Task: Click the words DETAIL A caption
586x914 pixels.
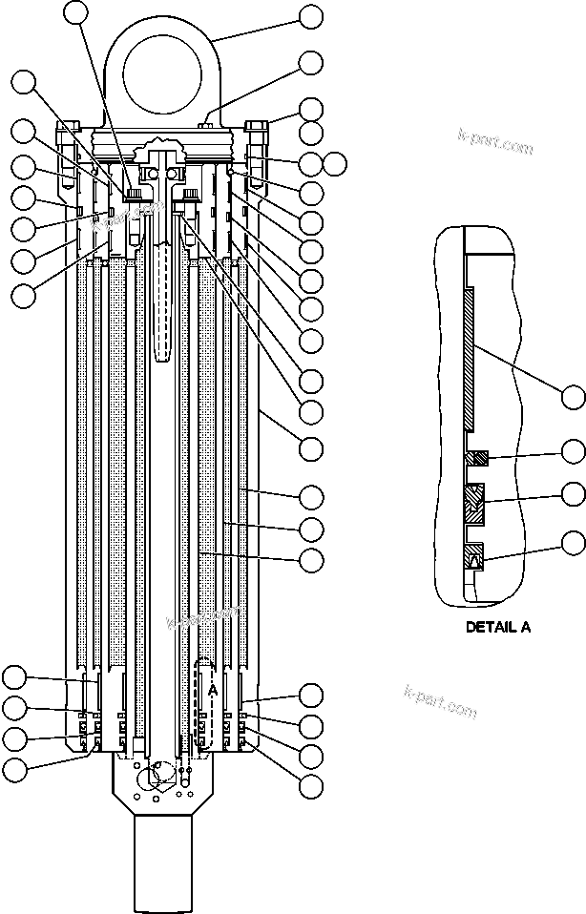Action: [x=497, y=627]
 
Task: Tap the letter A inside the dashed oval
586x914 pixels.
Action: [x=214, y=689]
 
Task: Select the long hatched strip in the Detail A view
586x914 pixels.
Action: [x=471, y=357]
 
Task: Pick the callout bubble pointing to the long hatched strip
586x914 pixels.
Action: [x=573, y=396]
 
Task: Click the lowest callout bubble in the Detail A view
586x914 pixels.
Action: [x=573, y=543]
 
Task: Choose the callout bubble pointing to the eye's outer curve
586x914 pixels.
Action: [x=311, y=16]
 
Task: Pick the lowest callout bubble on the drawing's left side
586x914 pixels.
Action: [x=13, y=769]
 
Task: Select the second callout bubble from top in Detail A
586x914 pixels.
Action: [x=573, y=450]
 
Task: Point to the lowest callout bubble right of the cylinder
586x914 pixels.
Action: [x=311, y=786]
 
